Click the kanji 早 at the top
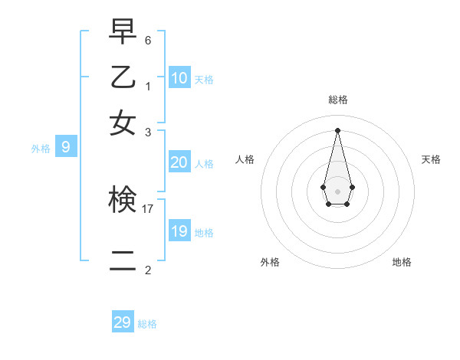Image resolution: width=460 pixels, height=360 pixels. click(x=123, y=31)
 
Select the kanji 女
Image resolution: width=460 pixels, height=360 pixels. click(x=123, y=122)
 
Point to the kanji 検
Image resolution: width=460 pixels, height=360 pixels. click(x=123, y=200)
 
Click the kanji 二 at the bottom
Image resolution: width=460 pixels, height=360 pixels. click(x=123, y=261)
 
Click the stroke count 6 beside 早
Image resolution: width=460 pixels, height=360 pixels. click(x=148, y=39)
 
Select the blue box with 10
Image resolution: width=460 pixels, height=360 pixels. click(x=179, y=77)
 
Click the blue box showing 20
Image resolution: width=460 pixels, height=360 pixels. click(x=179, y=162)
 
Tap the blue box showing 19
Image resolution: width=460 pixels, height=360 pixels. click(x=179, y=231)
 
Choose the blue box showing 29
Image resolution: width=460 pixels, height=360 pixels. click(x=123, y=322)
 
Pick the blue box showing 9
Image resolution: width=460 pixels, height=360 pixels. click(x=65, y=146)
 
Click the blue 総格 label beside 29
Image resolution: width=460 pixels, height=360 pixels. click(x=147, y=324)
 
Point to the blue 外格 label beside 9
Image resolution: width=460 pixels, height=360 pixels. click(x=41, y=149)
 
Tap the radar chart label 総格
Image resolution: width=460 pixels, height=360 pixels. click(x=338, y=100)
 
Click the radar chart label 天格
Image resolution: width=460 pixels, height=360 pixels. click(x=431, y=159)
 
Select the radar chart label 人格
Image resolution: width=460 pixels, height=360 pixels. click(x=245, y=159)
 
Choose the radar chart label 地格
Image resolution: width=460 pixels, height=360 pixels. click(x=402, y=262)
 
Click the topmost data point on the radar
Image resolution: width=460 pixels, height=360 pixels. click(x=337, y=129)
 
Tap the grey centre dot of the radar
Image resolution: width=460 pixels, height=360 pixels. click(x=337, y=191)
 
